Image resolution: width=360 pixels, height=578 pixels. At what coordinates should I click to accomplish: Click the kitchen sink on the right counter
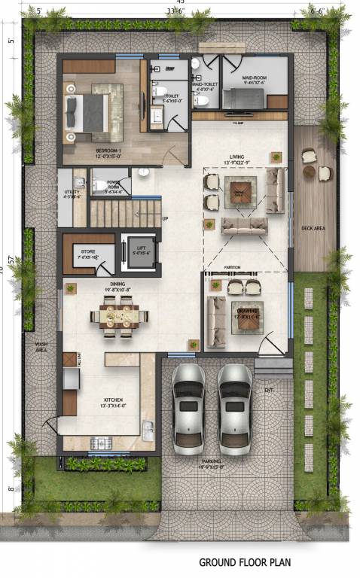tap(148, 431)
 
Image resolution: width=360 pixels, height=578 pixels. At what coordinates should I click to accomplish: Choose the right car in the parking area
tap(235, 407)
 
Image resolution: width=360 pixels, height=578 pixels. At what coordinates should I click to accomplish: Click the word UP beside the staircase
tap(164, 219)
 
